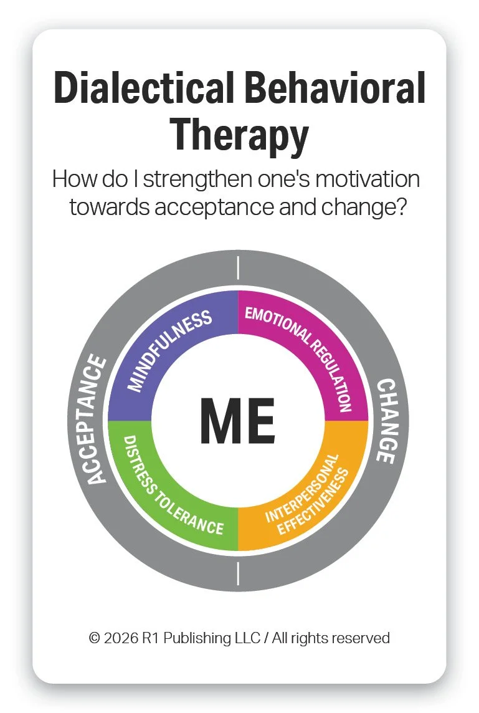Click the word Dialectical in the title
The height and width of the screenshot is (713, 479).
pos(144,88)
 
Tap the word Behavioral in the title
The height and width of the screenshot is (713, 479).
pos(335,88)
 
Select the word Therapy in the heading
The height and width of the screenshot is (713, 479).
pos(239,133)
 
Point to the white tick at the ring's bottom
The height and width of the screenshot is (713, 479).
pos(238,573)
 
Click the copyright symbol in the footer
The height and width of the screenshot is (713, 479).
pos(95,638)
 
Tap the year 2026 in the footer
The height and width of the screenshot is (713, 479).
pos(120,638)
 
